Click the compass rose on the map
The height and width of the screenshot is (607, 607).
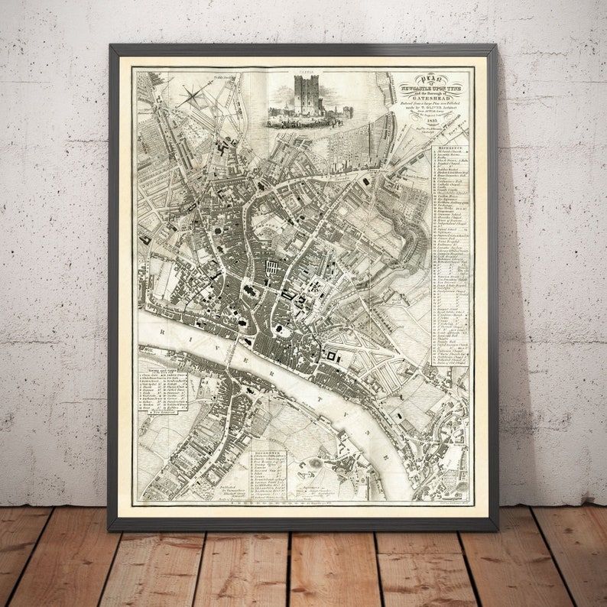pos(193,97)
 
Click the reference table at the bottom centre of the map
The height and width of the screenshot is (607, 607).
pos(266,473)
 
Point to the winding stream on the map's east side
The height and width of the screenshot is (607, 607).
pos(413,229)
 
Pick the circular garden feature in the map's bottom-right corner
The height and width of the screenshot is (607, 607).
pos(462,486)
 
